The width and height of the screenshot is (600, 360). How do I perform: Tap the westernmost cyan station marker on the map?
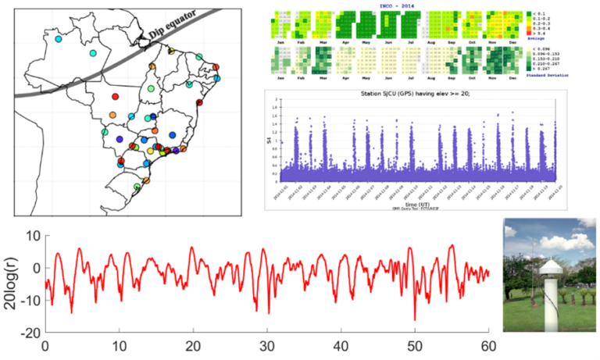tap(58, 37)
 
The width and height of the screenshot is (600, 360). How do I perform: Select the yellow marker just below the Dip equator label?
tap(172, 51)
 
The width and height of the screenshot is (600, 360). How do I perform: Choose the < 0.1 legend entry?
tap(537, 13)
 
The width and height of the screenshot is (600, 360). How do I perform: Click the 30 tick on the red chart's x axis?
tap(266, 346)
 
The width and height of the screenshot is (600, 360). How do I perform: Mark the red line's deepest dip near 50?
tap(415, 319)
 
